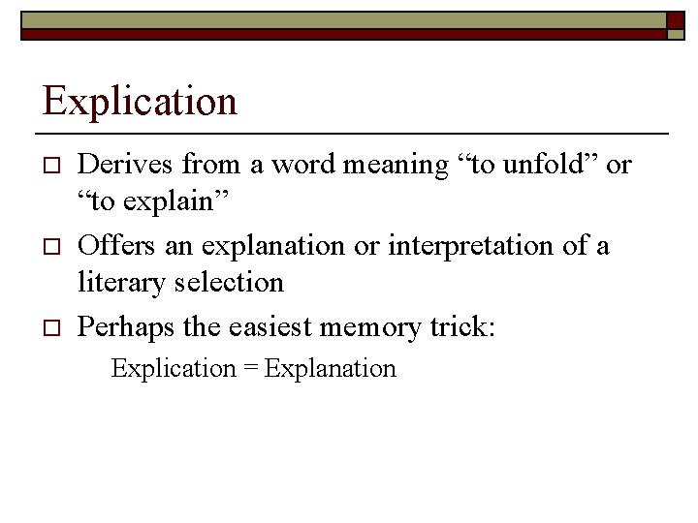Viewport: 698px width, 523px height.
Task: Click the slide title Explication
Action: (x=140, y=101)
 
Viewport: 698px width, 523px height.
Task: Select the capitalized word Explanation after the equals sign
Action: (x=330, y=369)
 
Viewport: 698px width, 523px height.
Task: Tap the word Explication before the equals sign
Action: (x=174, y=369)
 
